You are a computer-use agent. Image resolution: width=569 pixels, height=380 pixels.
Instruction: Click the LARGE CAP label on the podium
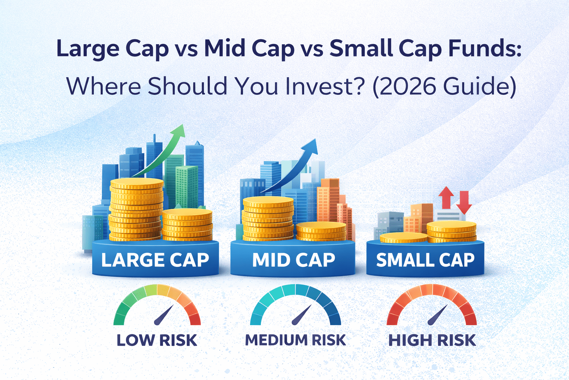click(x=155, y=260)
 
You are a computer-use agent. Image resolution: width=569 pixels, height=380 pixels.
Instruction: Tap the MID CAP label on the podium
click(x=293, y=260)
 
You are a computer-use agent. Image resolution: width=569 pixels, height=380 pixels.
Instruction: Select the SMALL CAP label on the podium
click(x=425, y=260)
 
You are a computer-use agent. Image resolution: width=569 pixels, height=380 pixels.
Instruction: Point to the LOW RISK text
click(x=157, y=340)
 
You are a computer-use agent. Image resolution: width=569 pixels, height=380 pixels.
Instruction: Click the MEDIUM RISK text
click(x=295, y=340)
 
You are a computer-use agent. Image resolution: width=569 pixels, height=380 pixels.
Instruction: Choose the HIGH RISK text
click(x=432, y=340)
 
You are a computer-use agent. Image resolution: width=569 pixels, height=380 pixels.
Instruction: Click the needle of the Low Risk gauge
click(x=163, y=315)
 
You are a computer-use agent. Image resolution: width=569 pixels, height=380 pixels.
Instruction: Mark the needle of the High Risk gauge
click(x=437, y=315)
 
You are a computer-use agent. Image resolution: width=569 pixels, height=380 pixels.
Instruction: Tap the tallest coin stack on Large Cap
click(x=136, y=210)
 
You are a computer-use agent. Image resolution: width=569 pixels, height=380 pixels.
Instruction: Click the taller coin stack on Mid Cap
click(x=268, y=219)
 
